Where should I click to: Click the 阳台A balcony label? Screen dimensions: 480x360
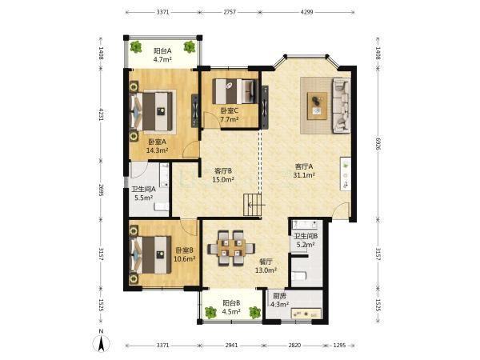[x=162, y=50]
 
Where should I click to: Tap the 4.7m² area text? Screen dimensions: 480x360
[x=162, y=59]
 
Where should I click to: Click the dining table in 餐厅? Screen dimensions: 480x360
[x=232, y=248]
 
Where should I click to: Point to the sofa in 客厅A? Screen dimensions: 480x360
[x=341, y=106]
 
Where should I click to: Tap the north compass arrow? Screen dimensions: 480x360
[x=102, y=342]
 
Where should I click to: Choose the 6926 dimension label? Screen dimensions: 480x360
[x=378, y=144]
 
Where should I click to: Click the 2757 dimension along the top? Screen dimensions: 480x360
[x=230, y=12]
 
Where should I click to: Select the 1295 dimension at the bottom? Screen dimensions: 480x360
[x=339, y=346]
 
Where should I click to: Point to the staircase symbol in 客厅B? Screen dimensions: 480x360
[x=253, y=205]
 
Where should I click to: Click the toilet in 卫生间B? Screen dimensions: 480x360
[x=298, y=276]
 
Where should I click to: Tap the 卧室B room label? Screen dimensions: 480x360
[x=184, y=250]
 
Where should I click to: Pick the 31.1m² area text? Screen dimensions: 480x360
[x=304, y=175]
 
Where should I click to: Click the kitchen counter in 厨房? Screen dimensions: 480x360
[x=306, y=314]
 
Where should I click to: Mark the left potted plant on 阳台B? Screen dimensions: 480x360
[x=210, y=312]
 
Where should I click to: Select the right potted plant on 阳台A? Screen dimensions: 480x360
[x=189, y=47]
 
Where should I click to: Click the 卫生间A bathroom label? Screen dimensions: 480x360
[x=143, y=189]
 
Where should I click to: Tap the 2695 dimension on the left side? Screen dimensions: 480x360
[x=101, y=190]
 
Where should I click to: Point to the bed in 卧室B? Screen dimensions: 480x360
[x=150, y=254]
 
